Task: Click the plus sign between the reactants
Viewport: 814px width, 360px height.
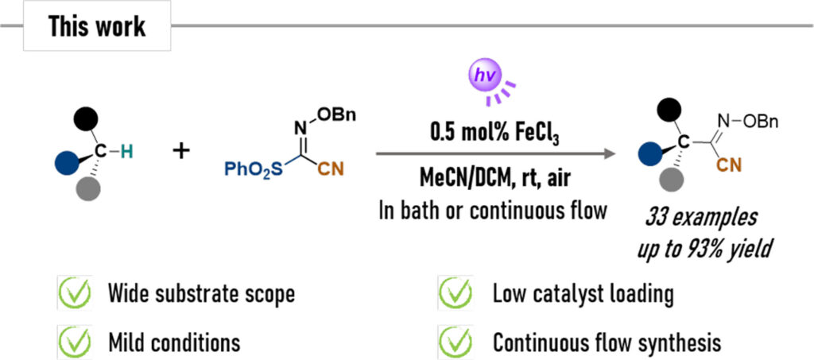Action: (x=183, y=150)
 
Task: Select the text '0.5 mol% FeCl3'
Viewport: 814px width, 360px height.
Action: (x=485, y=130)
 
